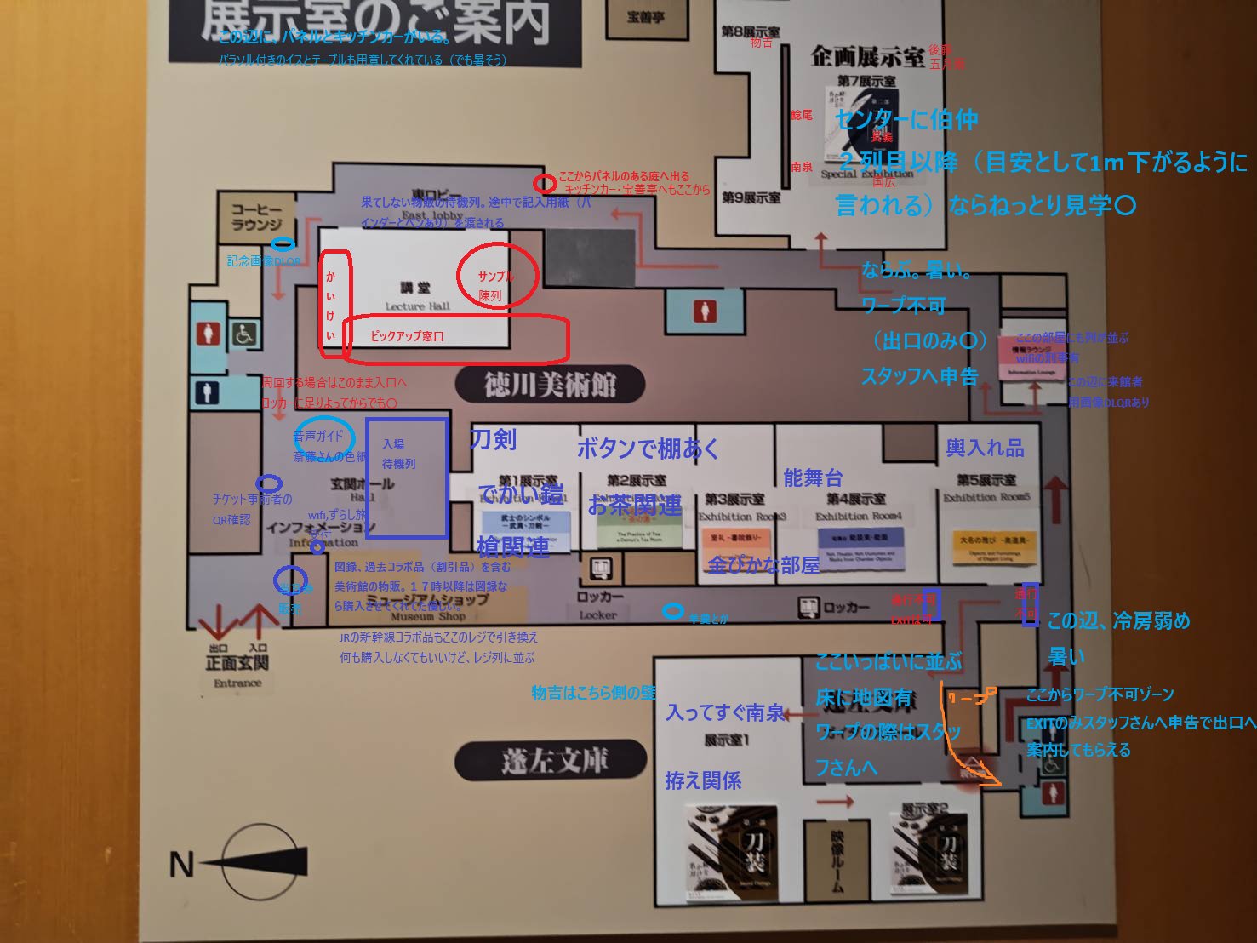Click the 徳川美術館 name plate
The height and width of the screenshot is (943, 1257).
(550, 385)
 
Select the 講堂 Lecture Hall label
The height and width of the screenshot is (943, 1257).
(416, 296)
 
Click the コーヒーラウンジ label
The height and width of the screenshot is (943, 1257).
(256, 217)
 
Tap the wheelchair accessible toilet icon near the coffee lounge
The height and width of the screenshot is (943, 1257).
(245, 334)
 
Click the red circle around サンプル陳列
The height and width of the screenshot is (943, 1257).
(497, 274)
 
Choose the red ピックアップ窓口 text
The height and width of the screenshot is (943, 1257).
(407, 336)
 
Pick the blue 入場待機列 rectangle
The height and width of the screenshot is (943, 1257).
(407, 477)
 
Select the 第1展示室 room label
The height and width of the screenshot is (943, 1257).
(528, 482)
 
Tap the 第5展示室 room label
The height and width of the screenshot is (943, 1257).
(986, 481)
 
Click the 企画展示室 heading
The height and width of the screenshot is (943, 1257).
(866, 57)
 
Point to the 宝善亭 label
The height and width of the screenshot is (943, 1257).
(645, 17)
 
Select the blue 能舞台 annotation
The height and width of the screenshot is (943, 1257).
(813, 478)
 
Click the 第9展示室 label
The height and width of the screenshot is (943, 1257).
(751, 197)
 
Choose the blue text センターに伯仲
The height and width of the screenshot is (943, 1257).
(906, 120)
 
